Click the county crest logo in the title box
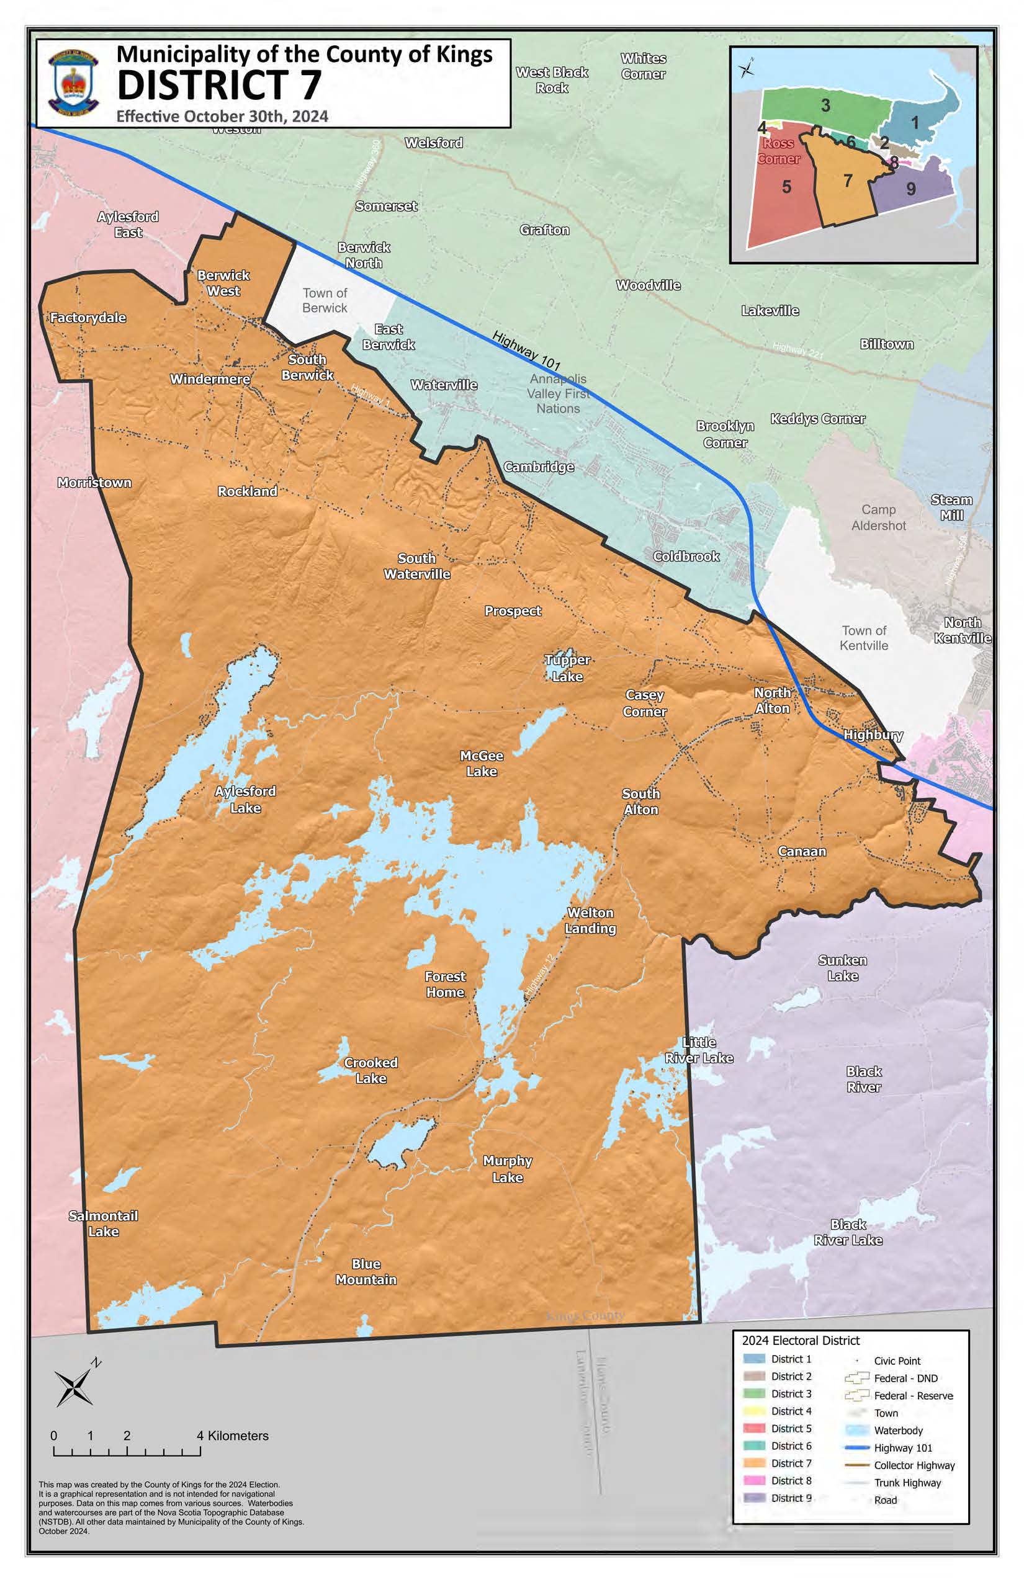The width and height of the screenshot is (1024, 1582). [x=73, y=83]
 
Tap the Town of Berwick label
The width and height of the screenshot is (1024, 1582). [x=325, y=300]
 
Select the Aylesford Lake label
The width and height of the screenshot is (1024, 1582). [x=245, y=800]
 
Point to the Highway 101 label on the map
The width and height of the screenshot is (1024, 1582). [x=526, y=351]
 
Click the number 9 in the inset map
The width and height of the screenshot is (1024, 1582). [x=910, y=189]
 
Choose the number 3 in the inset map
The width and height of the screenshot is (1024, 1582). [x=825, y=105]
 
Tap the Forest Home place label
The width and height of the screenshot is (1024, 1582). [x=445, y=985]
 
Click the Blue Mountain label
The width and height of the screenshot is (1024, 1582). [x=366, y=1272]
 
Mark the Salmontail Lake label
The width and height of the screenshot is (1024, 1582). [x=103, y=1223]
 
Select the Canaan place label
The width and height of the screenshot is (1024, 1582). [x=802, y=851]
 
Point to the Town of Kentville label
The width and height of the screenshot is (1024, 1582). [x=863, y=638]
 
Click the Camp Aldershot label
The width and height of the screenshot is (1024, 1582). [x=878, y=517]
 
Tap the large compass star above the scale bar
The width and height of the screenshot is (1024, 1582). [x=74, y=1387]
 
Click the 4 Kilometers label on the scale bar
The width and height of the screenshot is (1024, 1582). [x=233, y=1436]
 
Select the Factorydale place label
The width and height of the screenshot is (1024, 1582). [x=88, y=318]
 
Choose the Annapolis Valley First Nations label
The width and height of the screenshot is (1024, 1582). [x=558, y=393]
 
